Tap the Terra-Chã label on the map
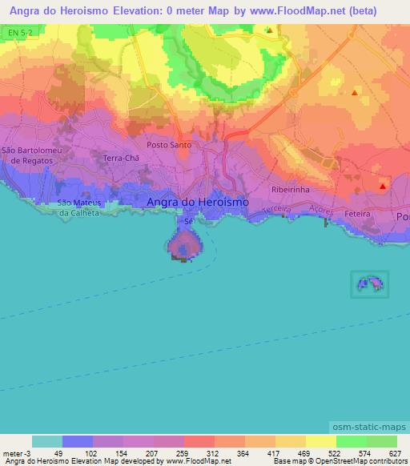(x=121, y=159)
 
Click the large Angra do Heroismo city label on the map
(x=198, y=203)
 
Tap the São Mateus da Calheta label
(x=78, y=208)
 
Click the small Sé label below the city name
(x=189, y=221)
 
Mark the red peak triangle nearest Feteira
(x=383, y=187)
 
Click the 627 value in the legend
(x=395, y=453)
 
